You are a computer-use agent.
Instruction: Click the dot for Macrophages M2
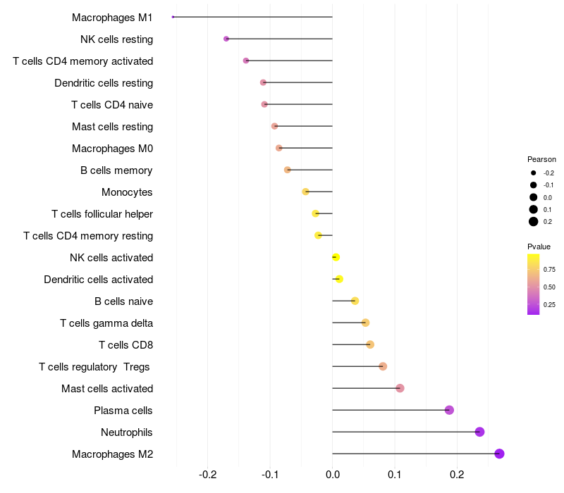[x=499, y=454]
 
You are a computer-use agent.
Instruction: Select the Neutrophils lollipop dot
[x=479, y=432]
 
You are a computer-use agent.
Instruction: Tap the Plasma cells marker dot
[x=449, y=410]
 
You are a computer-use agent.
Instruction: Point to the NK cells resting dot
[x=226, y=39]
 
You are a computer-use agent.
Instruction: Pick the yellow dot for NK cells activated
[x=336, y=257]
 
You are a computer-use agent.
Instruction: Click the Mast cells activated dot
[x=400, y=388]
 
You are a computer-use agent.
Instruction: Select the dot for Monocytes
[x=305, y=192]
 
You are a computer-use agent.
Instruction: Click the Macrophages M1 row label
[x=112, y=17]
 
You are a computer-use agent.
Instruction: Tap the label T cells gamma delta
[x=106, y=323]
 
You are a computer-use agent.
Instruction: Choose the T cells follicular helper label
[x=102, y=213]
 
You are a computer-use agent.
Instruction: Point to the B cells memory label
[x=116, y=170]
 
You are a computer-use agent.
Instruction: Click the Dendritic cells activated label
[x=98, y=279]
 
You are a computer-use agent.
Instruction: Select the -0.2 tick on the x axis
[x=208, y=475]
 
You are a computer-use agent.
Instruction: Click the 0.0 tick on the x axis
[x=333, y=475]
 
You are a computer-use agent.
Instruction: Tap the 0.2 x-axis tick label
[x=457, y=475]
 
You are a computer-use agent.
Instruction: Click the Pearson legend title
[x=541, y=159]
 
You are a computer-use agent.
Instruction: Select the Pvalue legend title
[x=539, y=246]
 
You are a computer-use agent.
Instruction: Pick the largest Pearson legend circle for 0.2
[x=534, y=222]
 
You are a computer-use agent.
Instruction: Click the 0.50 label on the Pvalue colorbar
[x=549, y=287]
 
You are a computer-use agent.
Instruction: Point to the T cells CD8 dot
[x=370, y=344]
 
